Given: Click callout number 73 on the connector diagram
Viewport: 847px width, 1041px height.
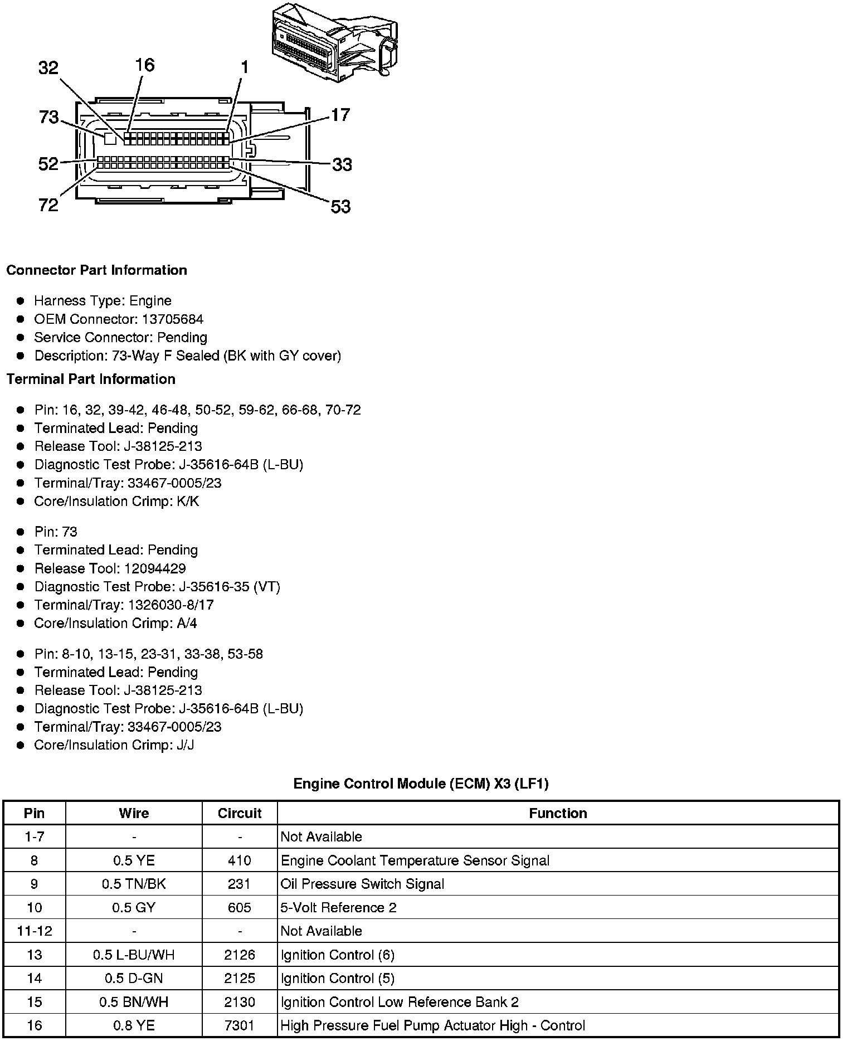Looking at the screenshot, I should point(49,118).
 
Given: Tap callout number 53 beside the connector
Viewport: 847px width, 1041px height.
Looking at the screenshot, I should point(340,207).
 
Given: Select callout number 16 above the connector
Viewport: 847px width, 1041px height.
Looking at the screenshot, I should point(144,65).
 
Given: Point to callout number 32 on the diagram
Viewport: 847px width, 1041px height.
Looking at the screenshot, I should point(48,68).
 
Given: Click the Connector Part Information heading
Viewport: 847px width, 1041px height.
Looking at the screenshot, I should point(96,270).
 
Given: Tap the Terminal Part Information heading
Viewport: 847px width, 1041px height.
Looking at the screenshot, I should point(91,380).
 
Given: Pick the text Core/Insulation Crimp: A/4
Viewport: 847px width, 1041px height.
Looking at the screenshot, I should point(115,624).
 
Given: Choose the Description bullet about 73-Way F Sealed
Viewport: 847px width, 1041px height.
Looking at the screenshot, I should point(187,356).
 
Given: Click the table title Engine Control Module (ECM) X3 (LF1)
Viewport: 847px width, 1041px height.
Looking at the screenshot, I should point(421,784).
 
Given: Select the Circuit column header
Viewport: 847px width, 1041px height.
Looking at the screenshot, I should point(240,814).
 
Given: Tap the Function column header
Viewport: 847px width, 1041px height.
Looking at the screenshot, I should point(558,814).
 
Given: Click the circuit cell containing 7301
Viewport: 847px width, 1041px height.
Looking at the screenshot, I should point(240,1026).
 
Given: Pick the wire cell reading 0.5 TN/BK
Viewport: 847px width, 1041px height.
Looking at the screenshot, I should point(134,884).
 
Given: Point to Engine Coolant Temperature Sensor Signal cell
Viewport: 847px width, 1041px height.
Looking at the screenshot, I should point(415,861).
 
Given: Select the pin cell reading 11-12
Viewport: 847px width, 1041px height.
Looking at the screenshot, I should point(35,931).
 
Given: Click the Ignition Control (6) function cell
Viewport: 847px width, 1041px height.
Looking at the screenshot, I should point(338,955).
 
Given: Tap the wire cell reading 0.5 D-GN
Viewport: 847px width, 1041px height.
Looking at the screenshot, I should point(134,979).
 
